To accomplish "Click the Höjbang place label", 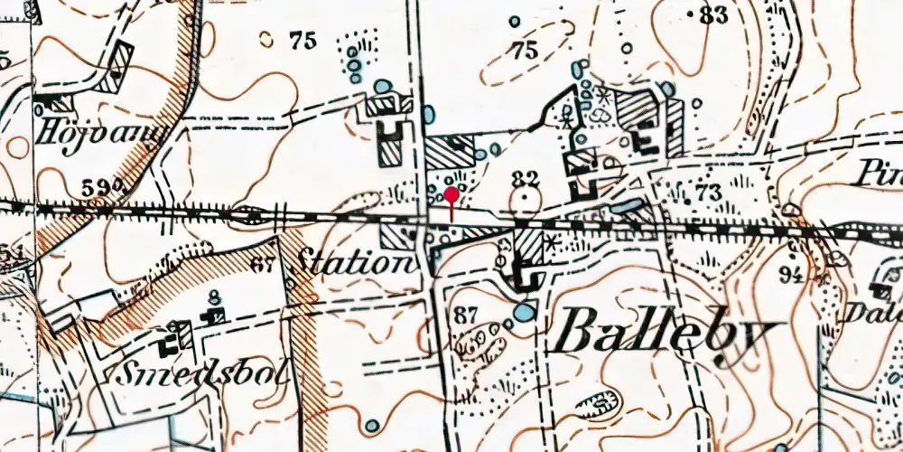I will click(102, 137).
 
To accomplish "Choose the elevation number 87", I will click(467, 315).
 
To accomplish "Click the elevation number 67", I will click(262, 265).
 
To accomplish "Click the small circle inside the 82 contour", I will click(525, 201).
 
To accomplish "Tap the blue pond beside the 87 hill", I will click(522, 315).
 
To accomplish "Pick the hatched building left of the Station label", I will click(395, 237).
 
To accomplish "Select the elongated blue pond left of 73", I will click(626, 206).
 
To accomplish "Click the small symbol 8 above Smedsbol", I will click(214, 297).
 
